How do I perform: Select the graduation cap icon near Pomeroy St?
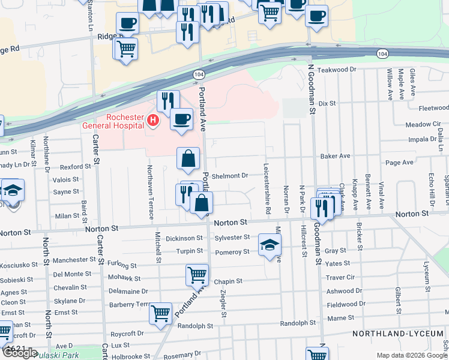[x=270, y=244]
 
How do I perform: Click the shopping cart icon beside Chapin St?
[x=197, y=275]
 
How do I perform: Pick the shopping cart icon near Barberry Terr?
[x=160, y=314]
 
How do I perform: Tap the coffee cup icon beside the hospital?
[x=181, y=119]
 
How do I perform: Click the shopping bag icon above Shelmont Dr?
[x=188, y=158]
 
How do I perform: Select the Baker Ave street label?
[x=335, y=156]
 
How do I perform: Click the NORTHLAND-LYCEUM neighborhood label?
[x=399, y=333]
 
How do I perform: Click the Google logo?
[x=20, y=353]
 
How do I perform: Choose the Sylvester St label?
[x=232, y=238]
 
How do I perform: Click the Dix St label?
[x=327, y=104]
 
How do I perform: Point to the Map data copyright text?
[x=412, y=355]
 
